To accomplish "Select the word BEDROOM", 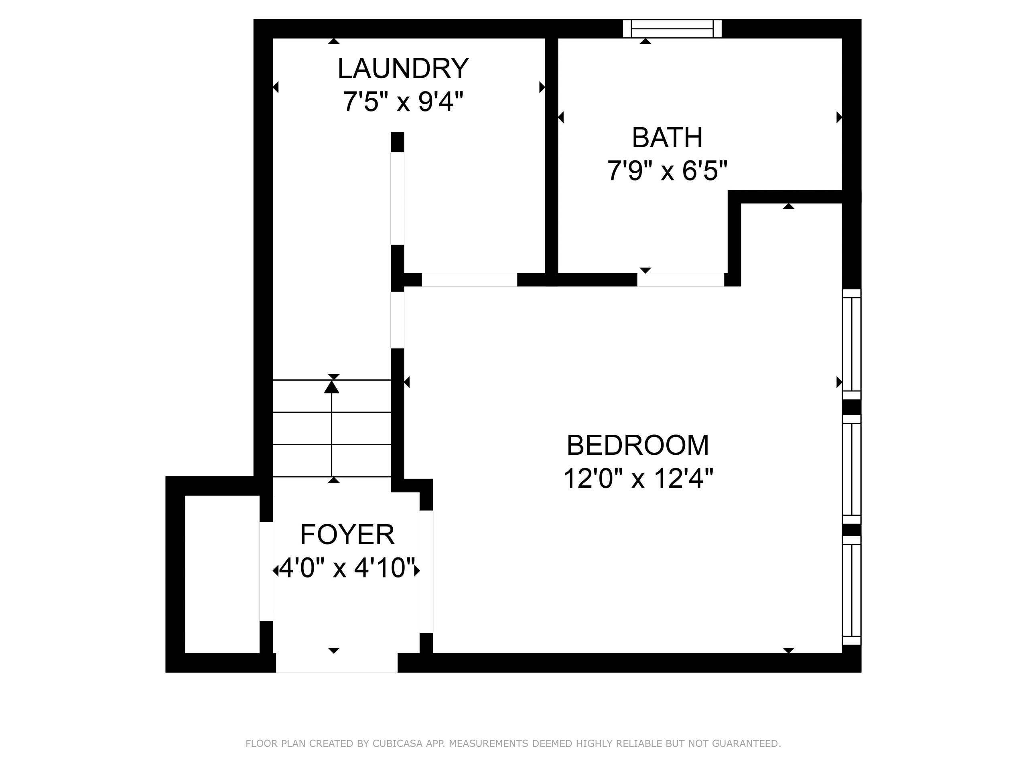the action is click(638, 445).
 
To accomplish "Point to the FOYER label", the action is click(347, 535).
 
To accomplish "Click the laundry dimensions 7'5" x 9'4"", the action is click(403, 101).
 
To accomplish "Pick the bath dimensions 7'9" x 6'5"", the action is click(667, 171).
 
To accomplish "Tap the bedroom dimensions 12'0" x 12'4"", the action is click(638, 478).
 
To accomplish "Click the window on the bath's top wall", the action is click(672, 28).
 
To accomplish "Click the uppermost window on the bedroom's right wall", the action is click(852, 344).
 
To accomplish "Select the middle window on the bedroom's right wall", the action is click(852, 469).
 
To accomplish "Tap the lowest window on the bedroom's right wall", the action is click(852, 590).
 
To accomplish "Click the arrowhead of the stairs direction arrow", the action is click(331, 386).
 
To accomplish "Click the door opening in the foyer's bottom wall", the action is click(337, 663).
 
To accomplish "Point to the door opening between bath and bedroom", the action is click(680, 280).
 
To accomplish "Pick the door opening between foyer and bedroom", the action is click(426, 571).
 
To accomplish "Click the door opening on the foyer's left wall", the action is click(266, 571).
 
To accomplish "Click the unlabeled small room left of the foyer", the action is click(222, 574).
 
